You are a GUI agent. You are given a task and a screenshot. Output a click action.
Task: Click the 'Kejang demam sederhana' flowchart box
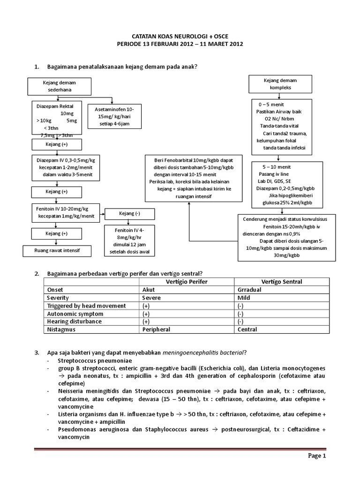tap(59, 85)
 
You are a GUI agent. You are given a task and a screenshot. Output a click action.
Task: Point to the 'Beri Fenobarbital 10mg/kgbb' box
tap(189, 178)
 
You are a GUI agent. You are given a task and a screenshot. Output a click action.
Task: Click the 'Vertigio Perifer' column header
tap(187, 282)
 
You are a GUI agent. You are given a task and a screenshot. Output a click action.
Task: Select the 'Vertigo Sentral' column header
tap(282, 282)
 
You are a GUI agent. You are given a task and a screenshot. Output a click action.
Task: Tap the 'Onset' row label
tap(55, 290)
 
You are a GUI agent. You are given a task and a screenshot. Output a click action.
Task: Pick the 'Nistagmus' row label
tap(60, 330)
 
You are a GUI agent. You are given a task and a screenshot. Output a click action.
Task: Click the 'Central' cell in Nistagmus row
tap(248, 330)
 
